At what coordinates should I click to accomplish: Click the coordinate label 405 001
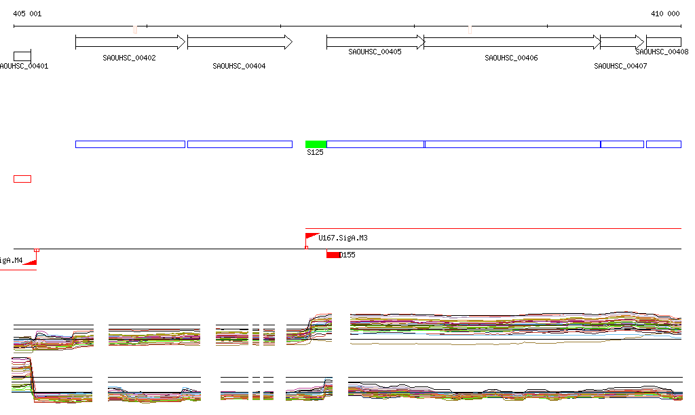[27, 14]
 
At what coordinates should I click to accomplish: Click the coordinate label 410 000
[665, 14]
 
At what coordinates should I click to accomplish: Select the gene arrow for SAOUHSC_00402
[130, 42]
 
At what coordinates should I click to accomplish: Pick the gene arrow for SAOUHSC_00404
[240, 42]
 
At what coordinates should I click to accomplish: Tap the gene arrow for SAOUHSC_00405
[375, 42]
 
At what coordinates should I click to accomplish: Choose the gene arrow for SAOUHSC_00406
[512, 42]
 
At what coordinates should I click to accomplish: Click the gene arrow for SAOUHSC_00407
[622, 42]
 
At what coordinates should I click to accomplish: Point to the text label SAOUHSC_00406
[511, 58]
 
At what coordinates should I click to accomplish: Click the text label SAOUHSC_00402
[129, 58]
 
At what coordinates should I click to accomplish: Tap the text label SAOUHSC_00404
[239, 67]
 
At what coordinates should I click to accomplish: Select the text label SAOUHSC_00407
[620, 67]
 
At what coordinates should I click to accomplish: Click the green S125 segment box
[316, 144]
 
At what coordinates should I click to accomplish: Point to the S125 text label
[315, 153]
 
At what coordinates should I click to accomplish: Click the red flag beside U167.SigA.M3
[311, 237]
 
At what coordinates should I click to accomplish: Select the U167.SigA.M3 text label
[343, 238]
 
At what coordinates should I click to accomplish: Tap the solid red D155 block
[333, 255]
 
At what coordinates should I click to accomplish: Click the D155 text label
[347, 255]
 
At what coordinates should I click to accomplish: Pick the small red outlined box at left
[22, 179]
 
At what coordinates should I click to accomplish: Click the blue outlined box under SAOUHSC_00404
[240, 144]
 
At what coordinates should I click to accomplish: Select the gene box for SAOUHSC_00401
[22, 56]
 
